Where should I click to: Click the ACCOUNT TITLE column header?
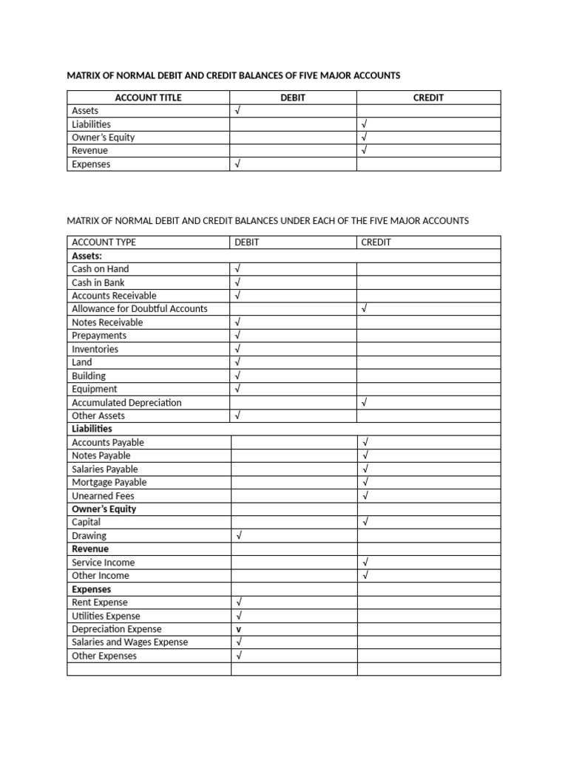148,98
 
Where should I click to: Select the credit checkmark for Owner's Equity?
364,138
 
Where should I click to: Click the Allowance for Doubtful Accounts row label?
139,309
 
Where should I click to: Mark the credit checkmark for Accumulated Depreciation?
364,403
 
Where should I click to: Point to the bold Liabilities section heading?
92,429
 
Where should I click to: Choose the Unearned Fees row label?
103,496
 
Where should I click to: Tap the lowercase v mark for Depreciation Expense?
238,630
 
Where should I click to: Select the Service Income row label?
103,563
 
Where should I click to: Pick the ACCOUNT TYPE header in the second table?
104,242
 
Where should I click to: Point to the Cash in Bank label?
98,282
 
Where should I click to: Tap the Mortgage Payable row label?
109,483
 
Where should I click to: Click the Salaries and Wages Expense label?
129,642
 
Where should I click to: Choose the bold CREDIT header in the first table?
428,98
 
